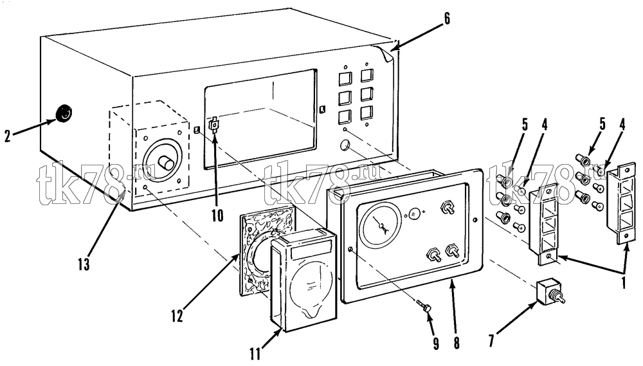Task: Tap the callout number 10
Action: [x=217, y=215]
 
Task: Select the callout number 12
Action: [x=177, y=316]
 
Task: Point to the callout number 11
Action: [x=255, y=353]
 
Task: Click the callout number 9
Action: [x=435, y=343]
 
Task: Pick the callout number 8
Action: [x=457, y=343]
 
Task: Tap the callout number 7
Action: [x=495, y=340]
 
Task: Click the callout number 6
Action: [x=447, y=19]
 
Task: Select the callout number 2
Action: [x=7, y=136]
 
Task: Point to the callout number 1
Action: [x=624, y=283]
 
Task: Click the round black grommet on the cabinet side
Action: [x=64, y=113]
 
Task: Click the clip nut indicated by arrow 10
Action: [x=214, y=124]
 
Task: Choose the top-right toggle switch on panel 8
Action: [x=447, y=208]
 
